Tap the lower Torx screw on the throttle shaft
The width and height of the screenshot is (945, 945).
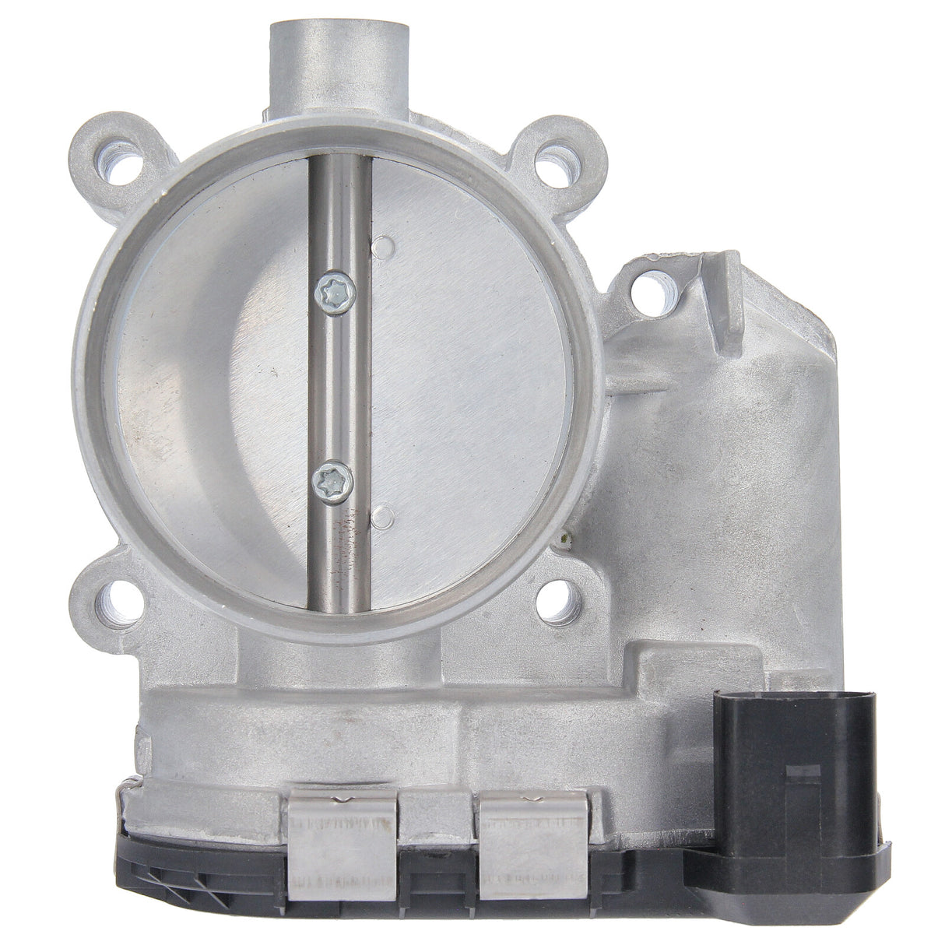(332, 484)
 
